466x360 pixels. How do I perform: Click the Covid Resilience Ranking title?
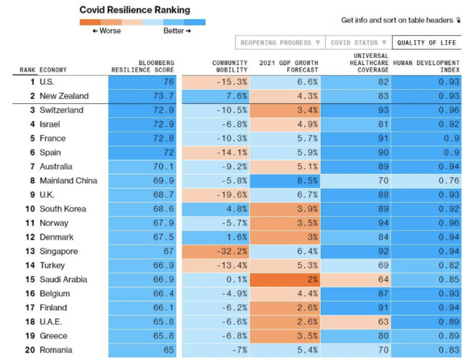pyautogui.click(x=134, y=10)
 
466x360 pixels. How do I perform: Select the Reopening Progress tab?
pyautogui.click(x=280, y=43)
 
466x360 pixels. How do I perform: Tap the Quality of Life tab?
pyautogui.click(x=427, y=43)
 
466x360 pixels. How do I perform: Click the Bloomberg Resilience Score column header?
pyautogui.click(x=143, y=66)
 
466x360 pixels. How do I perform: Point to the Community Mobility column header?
pyautogui.click(x=230, y=66)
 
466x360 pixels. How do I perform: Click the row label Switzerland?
pyautogui.click(x=61, y=110)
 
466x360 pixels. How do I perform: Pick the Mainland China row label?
pyautogui.click(x=68, y=180)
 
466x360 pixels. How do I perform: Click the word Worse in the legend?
pyautogui.click(x=109, y=31)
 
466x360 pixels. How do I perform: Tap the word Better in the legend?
pyautogui.click(x=174, y=31)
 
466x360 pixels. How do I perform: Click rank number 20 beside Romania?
pyautogui.click(x=30, y=350)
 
